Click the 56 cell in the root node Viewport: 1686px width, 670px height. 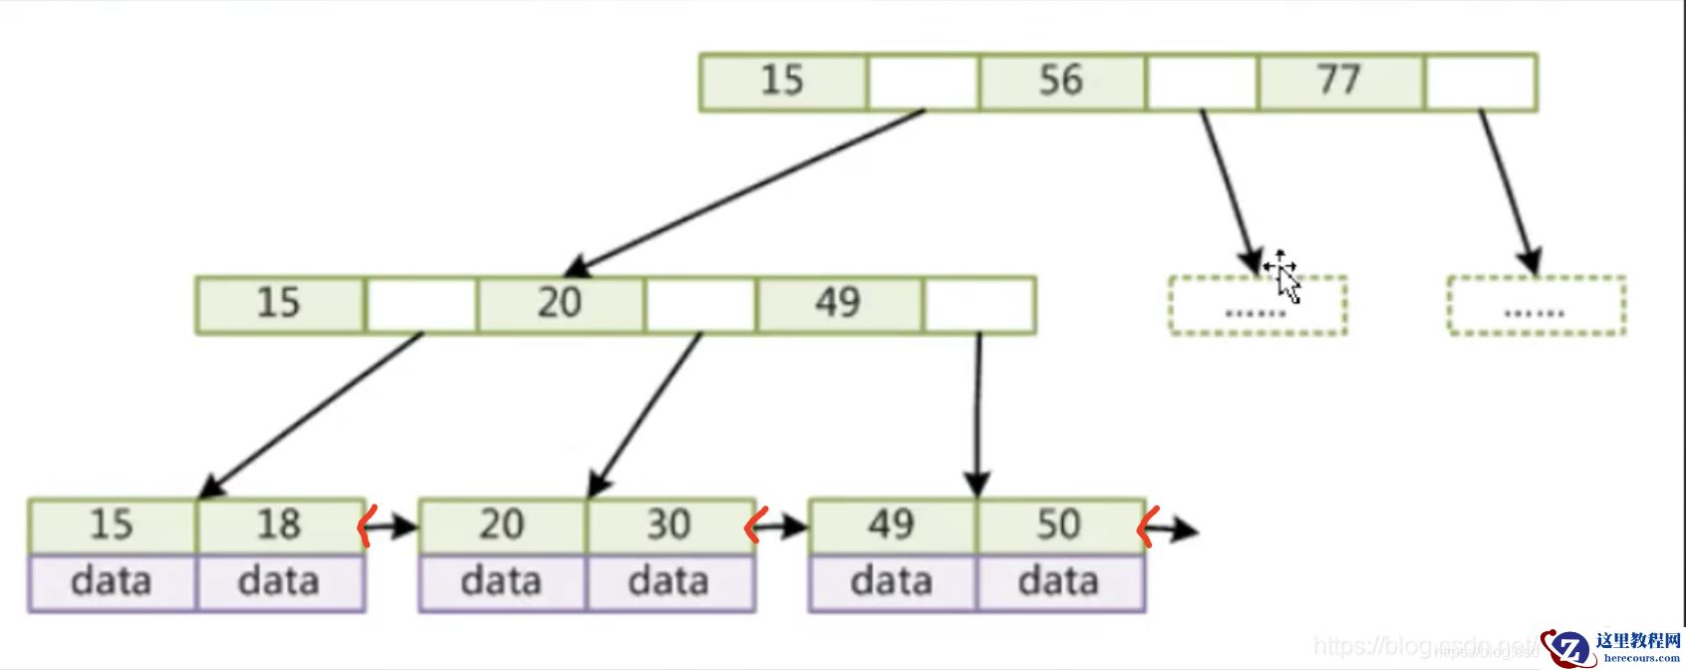tap(1062, 82)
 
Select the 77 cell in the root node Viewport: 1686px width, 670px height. tap(1340, 82)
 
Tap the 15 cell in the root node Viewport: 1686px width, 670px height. tap(783, 82)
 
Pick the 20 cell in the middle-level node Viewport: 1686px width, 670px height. tap(561, 304)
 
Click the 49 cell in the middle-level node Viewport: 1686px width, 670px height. tap(839, 304)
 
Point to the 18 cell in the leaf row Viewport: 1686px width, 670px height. tap(280, 525)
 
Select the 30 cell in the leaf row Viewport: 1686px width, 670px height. tap(670, 525)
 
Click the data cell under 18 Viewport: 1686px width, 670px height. tap(280, 582)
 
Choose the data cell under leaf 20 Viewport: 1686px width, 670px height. tap(502, 582)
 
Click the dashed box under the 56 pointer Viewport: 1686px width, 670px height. tap(1258, 306)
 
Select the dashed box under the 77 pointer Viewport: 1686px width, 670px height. tap(1536, 306)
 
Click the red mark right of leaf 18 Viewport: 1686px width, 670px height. tap(366, 525)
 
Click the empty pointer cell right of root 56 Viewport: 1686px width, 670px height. tap(1202, 82)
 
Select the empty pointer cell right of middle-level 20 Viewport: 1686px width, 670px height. tap(701, 304)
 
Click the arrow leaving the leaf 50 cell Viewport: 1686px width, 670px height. tap(1174, 528)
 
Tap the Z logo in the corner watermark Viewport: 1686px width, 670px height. tap(1568, 648)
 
